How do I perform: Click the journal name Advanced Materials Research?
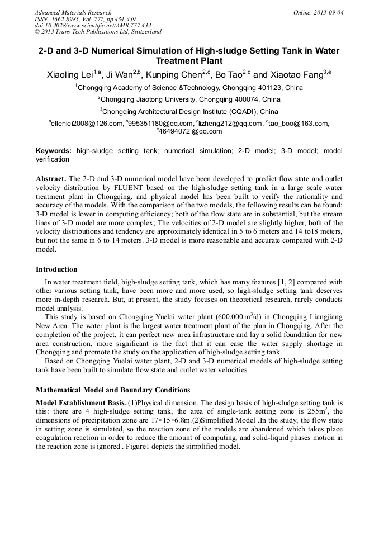73,12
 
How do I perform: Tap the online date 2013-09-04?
326,12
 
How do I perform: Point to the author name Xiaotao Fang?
295,74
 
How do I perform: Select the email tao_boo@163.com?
299,124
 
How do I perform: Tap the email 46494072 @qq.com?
191,132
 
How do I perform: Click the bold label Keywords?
54,151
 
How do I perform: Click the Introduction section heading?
56,269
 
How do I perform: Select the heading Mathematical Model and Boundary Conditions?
113,390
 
